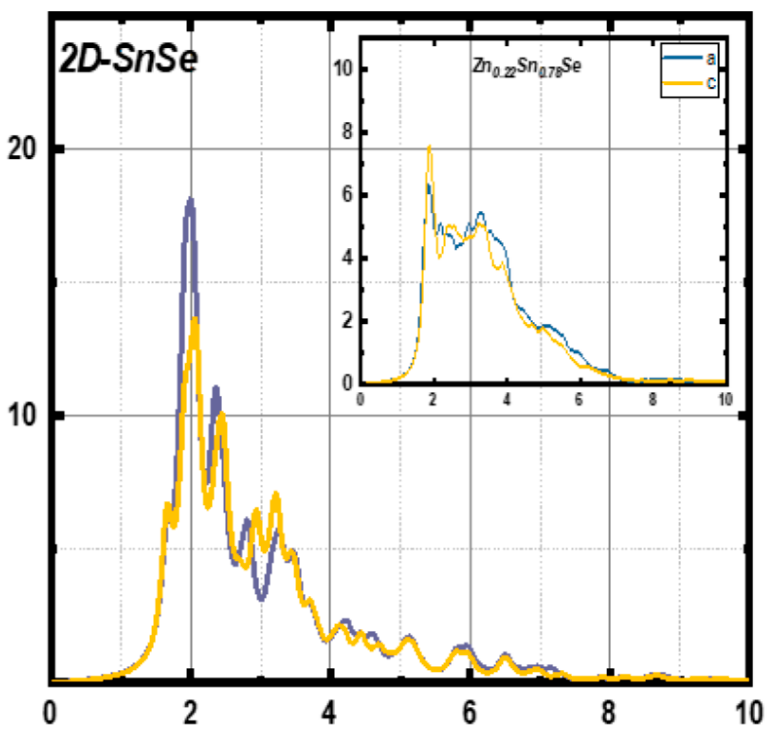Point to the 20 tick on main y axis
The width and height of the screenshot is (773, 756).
(23, 149)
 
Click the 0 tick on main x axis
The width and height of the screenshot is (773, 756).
(49, 712)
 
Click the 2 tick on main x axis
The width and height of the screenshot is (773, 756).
(190, 712)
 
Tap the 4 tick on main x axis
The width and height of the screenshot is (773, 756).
(330, 712)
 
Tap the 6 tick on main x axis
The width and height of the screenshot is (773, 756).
(470, 712)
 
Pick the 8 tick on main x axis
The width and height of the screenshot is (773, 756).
(609, 712)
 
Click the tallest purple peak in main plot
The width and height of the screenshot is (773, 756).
(190, 200)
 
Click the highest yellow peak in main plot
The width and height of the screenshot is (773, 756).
(195, 320)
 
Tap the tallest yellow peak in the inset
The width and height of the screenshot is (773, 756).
(429, 146)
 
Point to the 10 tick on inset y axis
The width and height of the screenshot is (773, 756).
(344, 69)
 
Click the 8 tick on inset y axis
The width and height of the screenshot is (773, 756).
(347, 132)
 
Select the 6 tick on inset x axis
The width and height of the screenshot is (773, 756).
(578, 399)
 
